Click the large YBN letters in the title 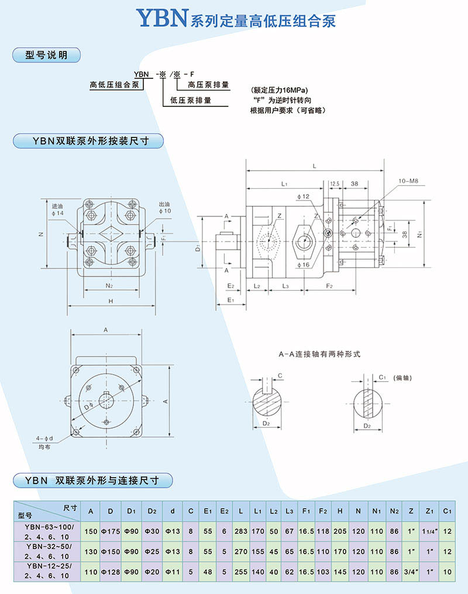(161, 19)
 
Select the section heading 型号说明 (46, 56)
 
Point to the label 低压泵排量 (191, 100)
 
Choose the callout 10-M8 (408, 181)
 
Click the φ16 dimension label (302, 265)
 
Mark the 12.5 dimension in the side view (335, 184)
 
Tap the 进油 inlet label (57, 206)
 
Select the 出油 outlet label (164, 206)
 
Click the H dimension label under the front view (111, 301)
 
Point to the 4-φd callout (44, 438)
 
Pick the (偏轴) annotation (402, 378)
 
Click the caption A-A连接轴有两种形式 (319, 354)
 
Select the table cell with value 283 (241, 531)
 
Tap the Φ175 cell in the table (111, 531)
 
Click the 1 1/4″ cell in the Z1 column (429, 531)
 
